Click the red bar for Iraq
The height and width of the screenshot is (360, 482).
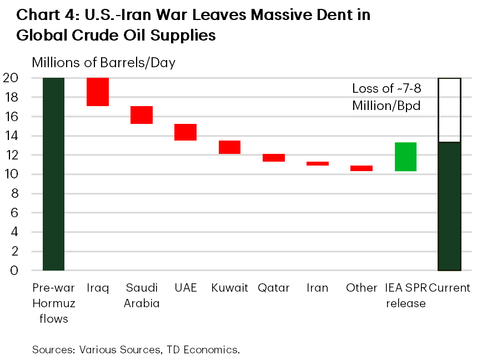pos(97,92)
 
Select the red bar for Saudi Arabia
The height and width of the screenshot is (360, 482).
pos(142,115)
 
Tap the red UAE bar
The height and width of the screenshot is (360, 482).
pos(185,132)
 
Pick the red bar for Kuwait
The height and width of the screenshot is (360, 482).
pos(229,147)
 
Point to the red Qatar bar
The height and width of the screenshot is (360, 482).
pos(274,158)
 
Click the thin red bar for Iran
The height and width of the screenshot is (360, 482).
pos(318,163)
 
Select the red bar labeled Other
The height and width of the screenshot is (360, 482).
pos(361,168)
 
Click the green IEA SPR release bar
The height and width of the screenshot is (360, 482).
pos(405,157)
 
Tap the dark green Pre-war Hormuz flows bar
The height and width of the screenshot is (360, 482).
pos(53,174)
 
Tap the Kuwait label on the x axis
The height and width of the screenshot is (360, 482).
pos(229,288)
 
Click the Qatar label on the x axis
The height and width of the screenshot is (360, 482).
pos(274,288)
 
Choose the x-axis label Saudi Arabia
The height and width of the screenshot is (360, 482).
pos(142,296)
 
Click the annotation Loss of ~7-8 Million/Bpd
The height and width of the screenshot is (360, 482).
pos(386,97)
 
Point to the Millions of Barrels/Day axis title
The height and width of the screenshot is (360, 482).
pos(104,62)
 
